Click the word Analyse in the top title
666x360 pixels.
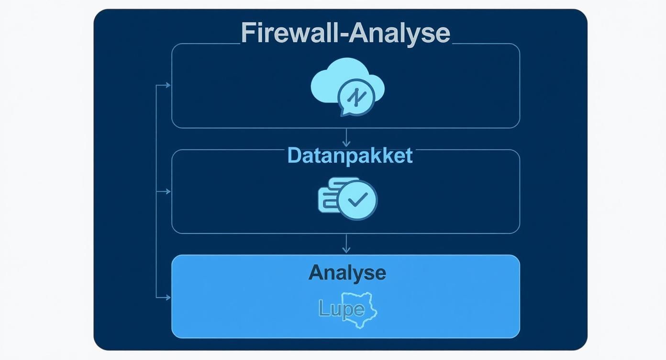coord(399,33)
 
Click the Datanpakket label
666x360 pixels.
coord(350,156)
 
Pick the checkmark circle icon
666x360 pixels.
coord(357,200)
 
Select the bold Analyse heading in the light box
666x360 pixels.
coord(347,272)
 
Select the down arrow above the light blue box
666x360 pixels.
coord(346,246)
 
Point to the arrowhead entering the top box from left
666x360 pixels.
coord(167,85)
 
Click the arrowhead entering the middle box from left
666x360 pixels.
coord(167,191)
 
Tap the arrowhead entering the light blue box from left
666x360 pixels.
coord(167,297)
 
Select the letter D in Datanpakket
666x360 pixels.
coord(293,156)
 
